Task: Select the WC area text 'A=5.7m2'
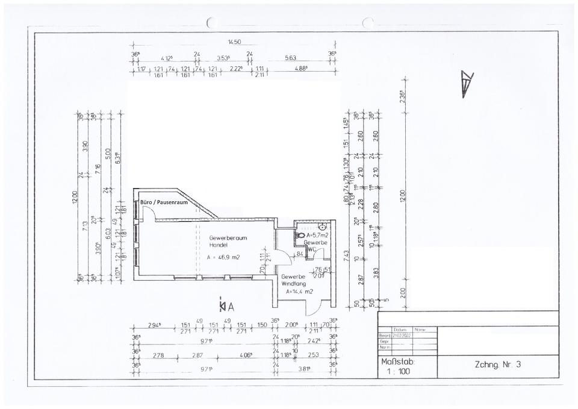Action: click(318, 235)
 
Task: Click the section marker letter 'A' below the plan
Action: click(231, 306)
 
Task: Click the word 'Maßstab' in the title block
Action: click(398, 362)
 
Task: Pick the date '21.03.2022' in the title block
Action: click(402, 336)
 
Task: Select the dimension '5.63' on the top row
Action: click(291, 58)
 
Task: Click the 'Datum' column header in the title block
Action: click(400, 329)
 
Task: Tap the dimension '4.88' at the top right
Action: click(300, 69)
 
